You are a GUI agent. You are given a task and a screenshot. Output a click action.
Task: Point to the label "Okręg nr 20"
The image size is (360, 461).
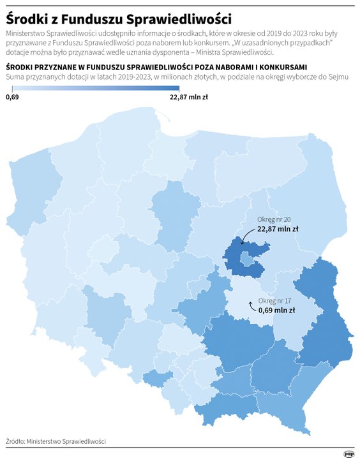(x=274, y=219)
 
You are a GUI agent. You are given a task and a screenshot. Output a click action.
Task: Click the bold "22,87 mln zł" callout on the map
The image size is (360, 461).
(x=278, y=228)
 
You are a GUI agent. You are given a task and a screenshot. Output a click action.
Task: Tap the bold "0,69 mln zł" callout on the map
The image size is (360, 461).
(x=276, y=311)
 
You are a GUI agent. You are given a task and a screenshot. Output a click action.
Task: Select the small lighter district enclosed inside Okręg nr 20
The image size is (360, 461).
(x=246, y=258)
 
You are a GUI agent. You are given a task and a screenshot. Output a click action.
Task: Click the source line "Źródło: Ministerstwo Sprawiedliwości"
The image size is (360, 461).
(x=56, y=441)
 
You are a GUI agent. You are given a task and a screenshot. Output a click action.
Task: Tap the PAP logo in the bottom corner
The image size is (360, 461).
(x=349, y=454)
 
